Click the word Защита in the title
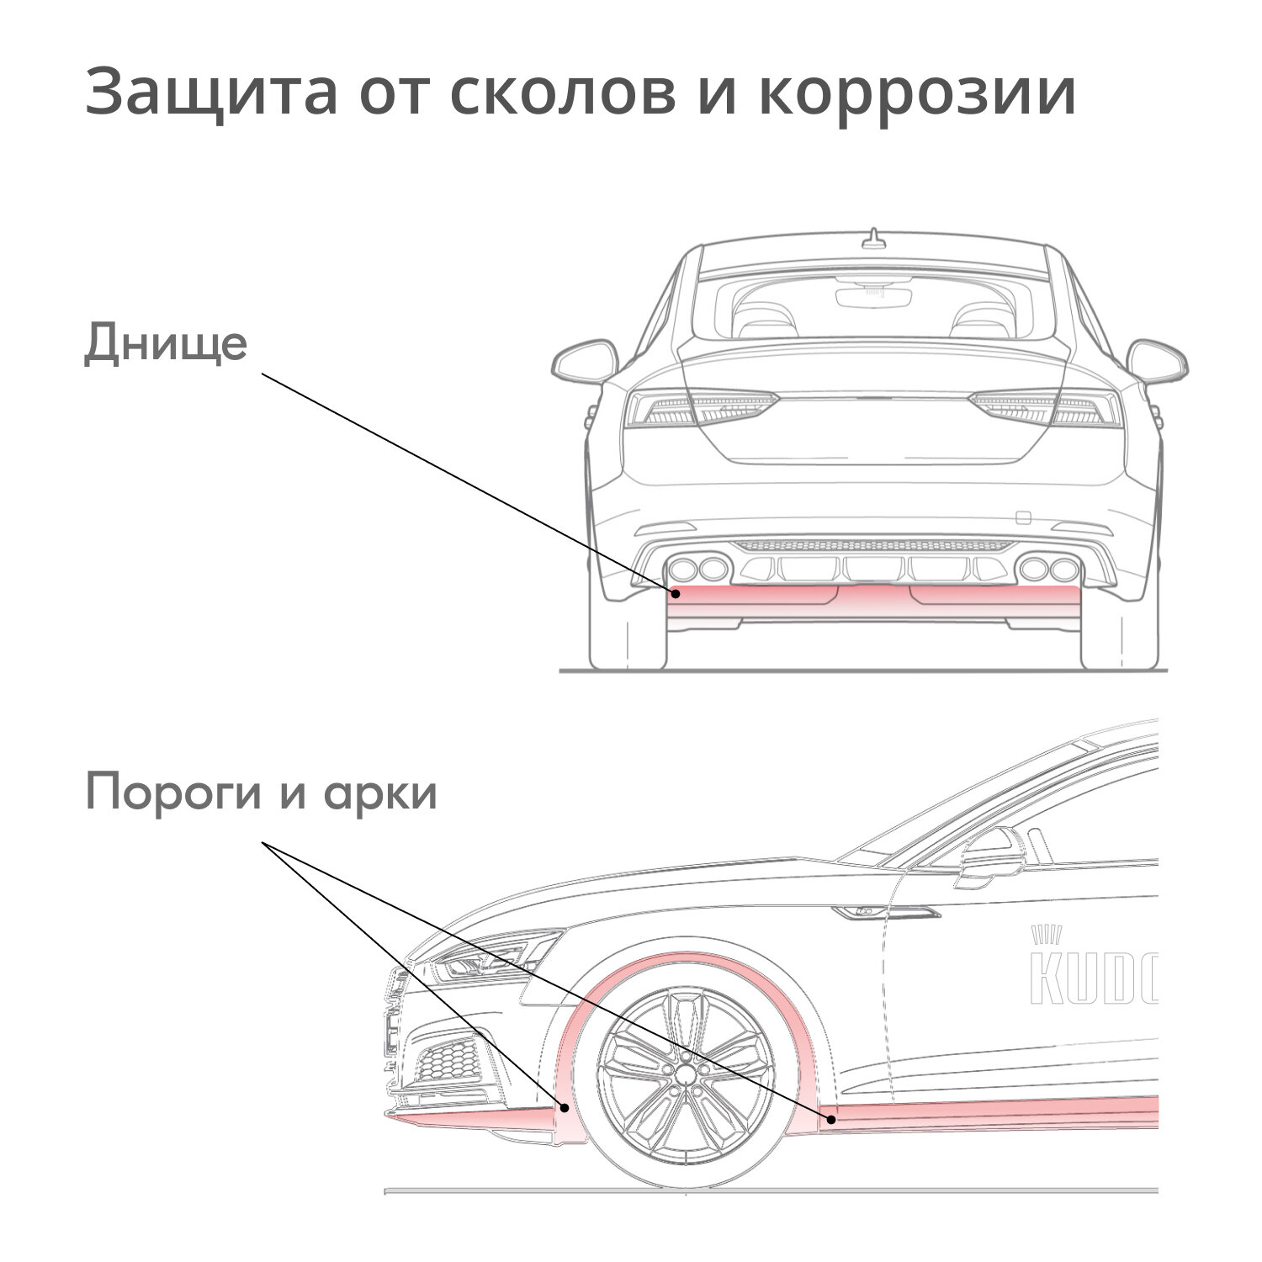click(x=210, y=93)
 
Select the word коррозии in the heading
click(x=915, y=93)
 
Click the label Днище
click(x=166, y=345)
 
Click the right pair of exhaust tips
click(x=1048, y=569)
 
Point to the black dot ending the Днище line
click(x=675, y=594)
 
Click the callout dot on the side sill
click(x=830, y=1119)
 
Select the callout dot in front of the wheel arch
click(x=565, y=1108)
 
